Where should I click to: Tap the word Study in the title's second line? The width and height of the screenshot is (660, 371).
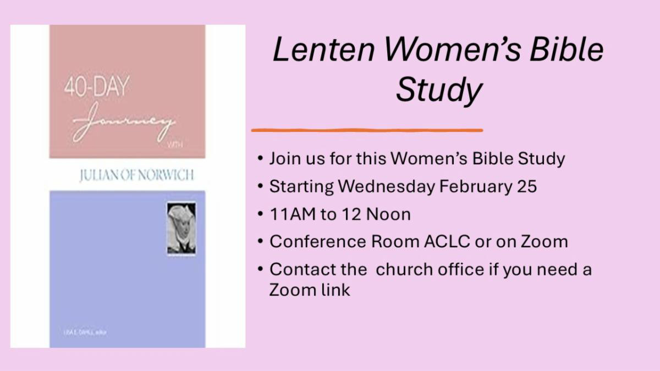[438, 90]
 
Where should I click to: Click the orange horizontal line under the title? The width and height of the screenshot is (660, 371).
[367, 130]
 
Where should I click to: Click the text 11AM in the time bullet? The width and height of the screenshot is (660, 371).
[293, 214]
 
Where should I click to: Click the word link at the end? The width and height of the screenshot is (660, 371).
[335, 290]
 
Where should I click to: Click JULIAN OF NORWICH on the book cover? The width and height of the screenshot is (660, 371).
[129, 176]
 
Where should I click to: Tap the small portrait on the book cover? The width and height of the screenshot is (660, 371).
[181, 228]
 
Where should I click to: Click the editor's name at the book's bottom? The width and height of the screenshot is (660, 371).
[80, 332]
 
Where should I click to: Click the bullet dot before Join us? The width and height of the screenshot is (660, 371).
[260, 159]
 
